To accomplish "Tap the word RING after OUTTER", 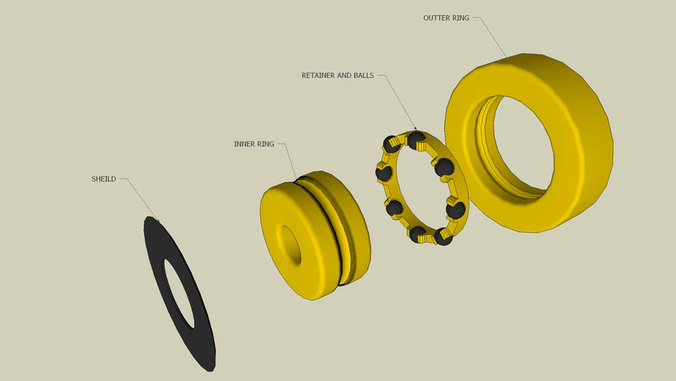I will tap(461, 18).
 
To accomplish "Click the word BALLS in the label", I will tap(365, 75).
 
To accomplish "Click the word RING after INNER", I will tap(266, 144).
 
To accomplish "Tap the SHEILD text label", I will tap(103, 179).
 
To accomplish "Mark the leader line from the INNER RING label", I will tap(290, 160).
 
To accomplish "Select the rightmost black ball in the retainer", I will tap(455, 210).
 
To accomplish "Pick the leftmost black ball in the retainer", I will tap(384, 173).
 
